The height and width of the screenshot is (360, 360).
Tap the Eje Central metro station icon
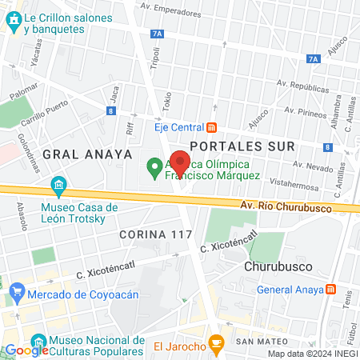coord(211,126)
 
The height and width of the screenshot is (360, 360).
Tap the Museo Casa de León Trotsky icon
coord(58,187)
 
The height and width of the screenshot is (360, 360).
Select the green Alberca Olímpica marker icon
coord(154,168)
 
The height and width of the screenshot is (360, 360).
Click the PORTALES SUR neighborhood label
coord(243,146)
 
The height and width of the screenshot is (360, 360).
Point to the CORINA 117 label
coord(155,234)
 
